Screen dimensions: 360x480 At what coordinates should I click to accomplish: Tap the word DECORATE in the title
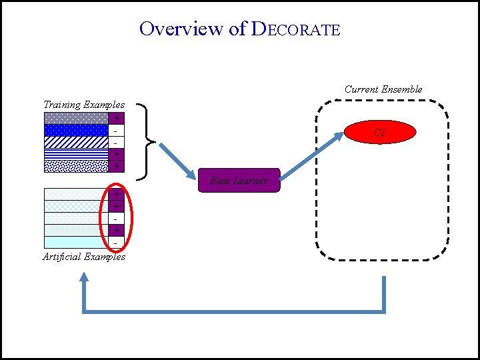pos(296,29)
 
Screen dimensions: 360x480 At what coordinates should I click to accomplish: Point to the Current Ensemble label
pos(383,89)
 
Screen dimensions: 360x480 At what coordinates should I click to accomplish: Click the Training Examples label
pos(84,105)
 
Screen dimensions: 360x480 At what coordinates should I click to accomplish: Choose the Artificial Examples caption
pos(84,257)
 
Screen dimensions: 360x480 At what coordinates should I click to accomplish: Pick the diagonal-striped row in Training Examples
pos(76,142)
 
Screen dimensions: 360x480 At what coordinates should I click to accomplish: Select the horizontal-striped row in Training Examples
pos(76,154)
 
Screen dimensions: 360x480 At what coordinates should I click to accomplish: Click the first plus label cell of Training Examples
pos(117,118)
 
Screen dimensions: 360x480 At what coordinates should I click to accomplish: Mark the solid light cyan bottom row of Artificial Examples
pos(76,242)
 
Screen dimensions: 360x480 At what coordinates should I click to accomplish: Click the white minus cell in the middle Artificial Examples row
pos(117,218)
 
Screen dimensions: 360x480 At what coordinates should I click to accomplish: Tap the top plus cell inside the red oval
pos(117,194)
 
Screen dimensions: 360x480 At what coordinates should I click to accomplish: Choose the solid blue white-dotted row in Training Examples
pos(76,130)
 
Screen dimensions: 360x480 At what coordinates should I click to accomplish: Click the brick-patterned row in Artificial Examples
pos(76,218)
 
